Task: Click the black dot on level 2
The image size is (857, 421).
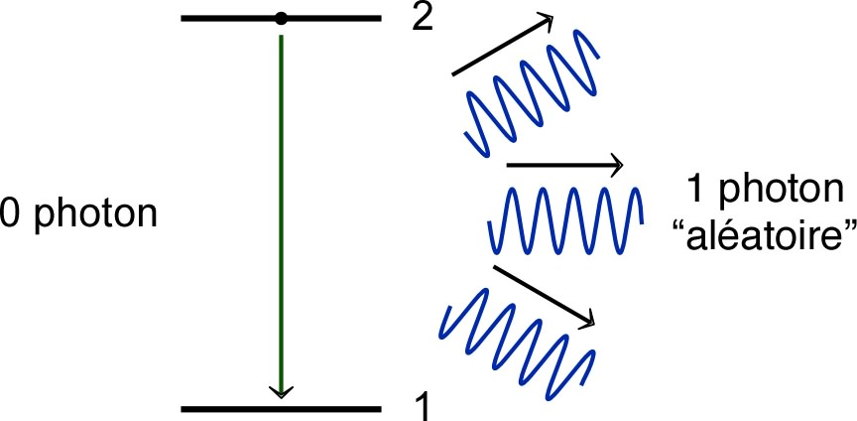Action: pos(282,18)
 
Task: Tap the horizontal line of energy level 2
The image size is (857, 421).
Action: pos(337,18)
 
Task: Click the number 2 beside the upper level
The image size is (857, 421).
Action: pos(423,19)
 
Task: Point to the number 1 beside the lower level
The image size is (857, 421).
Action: pos(421,404)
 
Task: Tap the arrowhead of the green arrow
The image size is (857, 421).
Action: pos(282,390)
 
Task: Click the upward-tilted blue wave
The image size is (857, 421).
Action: pos(532,93)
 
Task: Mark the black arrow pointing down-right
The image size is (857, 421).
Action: pos(544,294)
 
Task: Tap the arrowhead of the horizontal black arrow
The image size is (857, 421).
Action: pos(615,166)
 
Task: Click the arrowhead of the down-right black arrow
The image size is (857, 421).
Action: pos(587,319)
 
